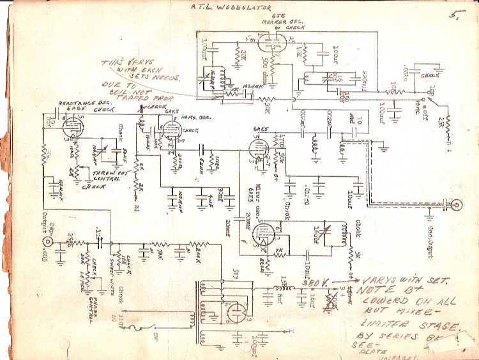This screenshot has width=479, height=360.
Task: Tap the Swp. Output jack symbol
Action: pyautogui.click(x=48, y=243)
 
